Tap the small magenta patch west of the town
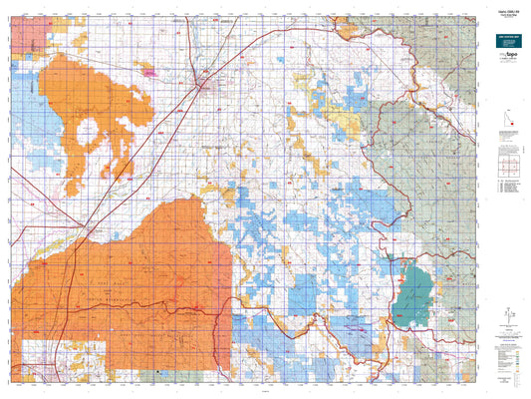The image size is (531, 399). click(151, 71)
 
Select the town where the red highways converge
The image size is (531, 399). click(204, 84)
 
